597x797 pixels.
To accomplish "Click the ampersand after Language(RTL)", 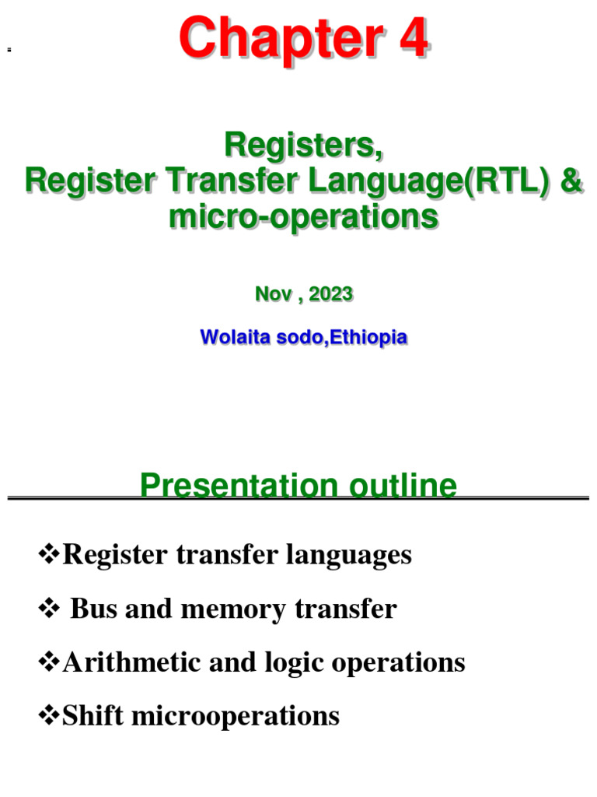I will (571, 181).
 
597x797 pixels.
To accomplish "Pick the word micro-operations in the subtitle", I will (304, 217).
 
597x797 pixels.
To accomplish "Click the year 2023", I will (330, 294).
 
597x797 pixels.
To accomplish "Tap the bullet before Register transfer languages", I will (49, 555).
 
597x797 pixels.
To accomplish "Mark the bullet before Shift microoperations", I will (49, 715).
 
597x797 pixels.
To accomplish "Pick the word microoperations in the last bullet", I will (237, 715).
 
